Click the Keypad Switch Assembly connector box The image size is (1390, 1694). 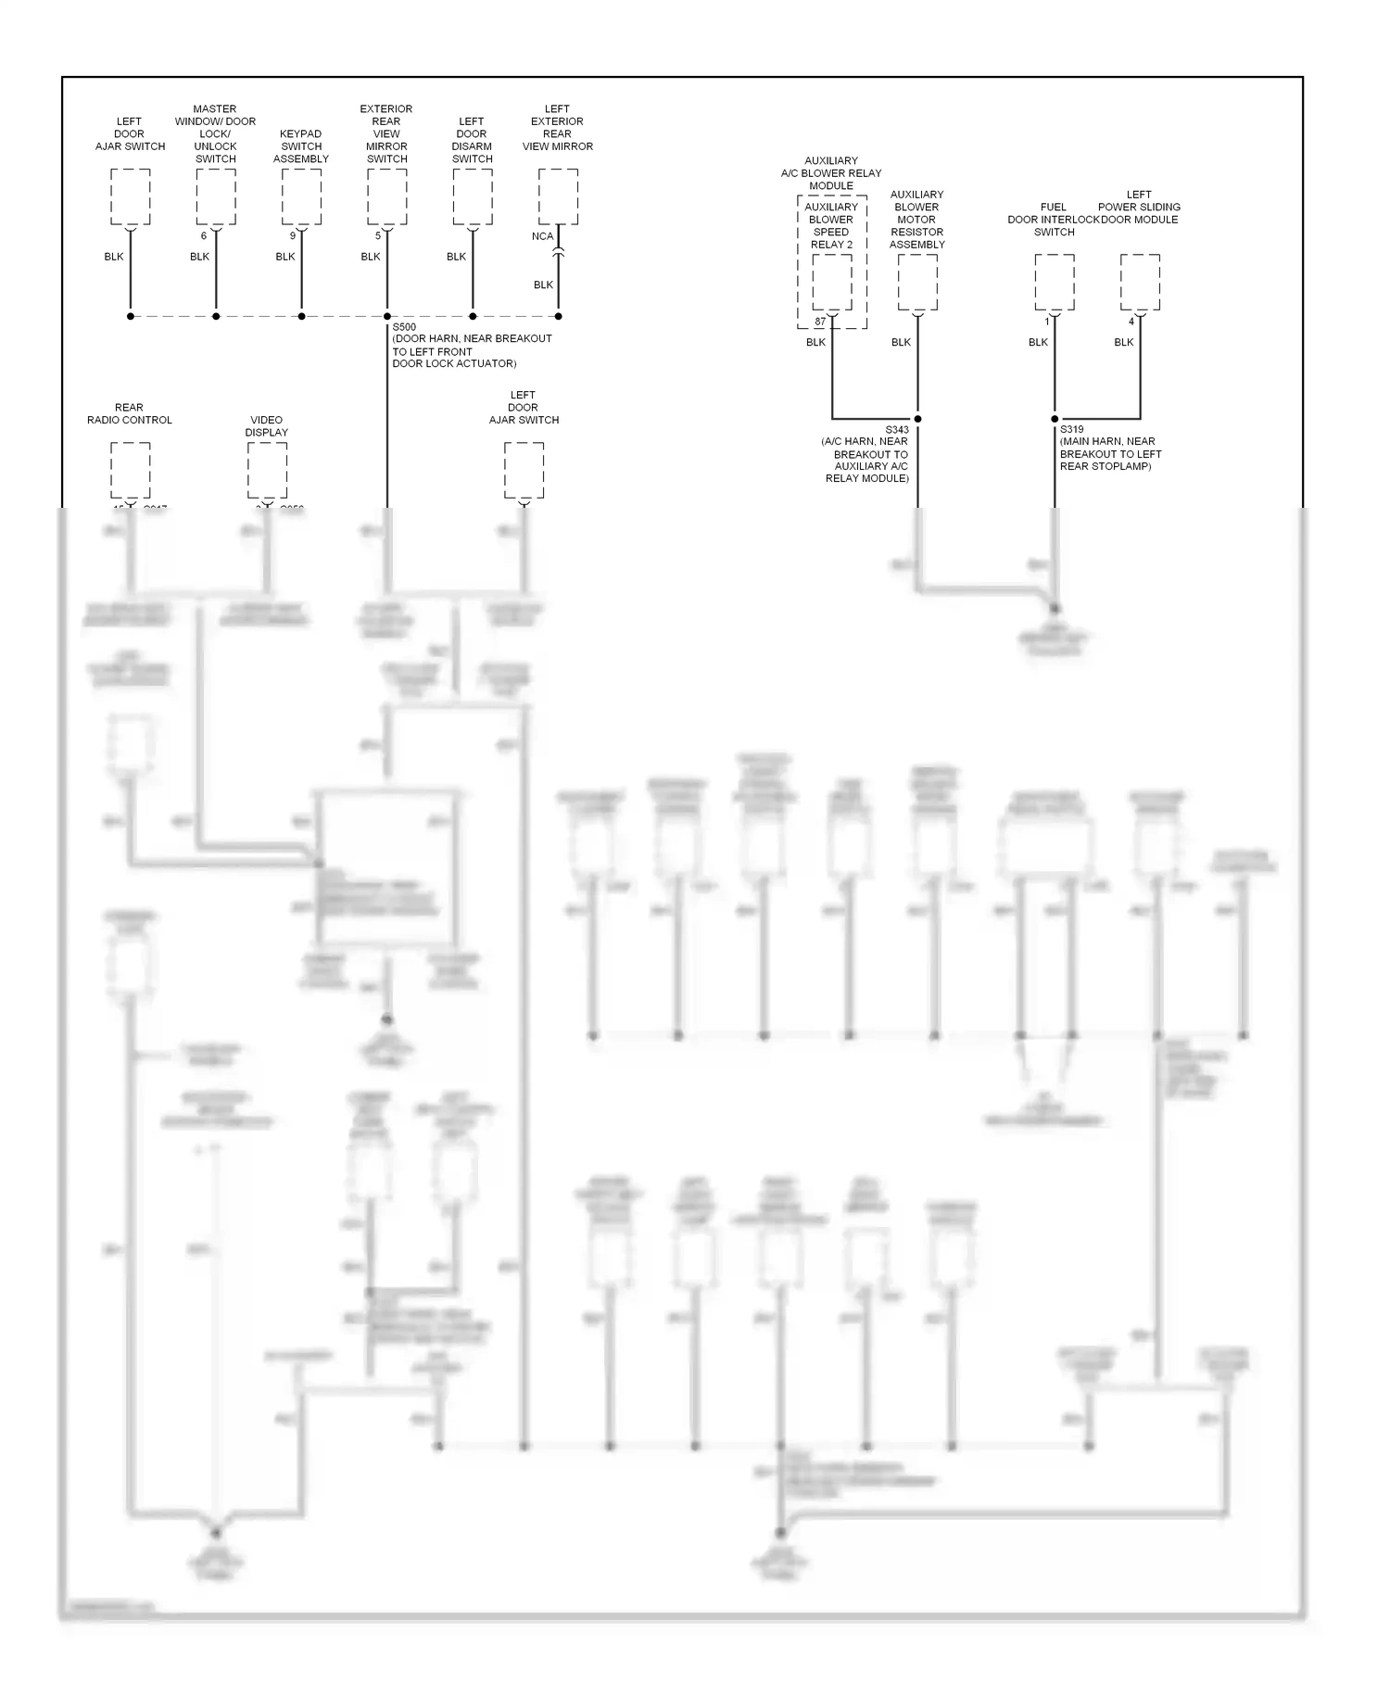(x=301, y=196)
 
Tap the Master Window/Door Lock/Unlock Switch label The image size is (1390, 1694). (x=215, y=133)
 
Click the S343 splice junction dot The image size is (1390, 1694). (x=917, y=419)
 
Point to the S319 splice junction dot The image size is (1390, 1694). (x=1055, y=419)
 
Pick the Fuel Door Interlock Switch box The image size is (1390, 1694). (x=1055, y=282)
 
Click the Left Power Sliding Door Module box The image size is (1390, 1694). (x=1140, y=282)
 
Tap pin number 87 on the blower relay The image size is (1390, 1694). (x=820, y=322)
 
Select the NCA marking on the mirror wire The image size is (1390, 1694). (x=542, y=236)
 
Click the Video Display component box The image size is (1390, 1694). (x=267, y=470)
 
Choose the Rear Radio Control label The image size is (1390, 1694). (x=130, y=413)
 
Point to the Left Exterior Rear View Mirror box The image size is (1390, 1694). (x=558, y=196)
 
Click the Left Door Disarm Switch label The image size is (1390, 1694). (x=472, y=139)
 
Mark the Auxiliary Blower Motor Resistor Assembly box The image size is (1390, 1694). (x=917, y=282)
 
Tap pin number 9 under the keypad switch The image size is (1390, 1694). (x=293, y=236)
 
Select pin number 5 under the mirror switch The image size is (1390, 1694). (x=378, y=236)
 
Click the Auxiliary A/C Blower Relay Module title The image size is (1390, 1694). (x=831, y=173)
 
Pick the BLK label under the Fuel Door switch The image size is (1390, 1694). (x=1038, y=342)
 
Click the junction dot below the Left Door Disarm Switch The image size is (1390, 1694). (x=473, y=316)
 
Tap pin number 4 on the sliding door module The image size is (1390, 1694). (x=1131, y=322)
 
